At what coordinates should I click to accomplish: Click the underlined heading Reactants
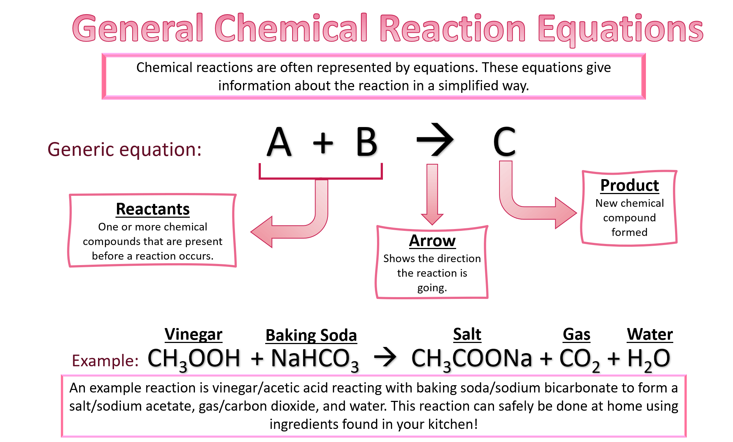pyautogui.click(x=153, y=209)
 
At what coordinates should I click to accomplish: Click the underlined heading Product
pyautogui.click(x=629, y=185)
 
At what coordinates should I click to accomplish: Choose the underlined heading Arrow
pyautogui.click(x=432, y=241)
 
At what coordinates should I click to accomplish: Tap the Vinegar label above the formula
pyautogui.click(x=193, y=334)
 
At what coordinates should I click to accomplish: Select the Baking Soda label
pyautogui.click(x=311, y=335)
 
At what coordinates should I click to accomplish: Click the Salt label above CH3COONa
pyautogui.click(x=467, y=334)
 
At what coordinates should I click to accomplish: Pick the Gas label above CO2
pyautogui.click(x=576, y=334)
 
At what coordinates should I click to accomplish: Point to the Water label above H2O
pyautogui.click(x=650, y=334)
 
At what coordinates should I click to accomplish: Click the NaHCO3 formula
pyautogui.click(x=315, y=360)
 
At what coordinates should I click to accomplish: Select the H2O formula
pyautogui.click(x=649, y=360)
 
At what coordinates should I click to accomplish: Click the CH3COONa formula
pyautogui.click(x=472, y=360)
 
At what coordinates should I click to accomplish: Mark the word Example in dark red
pyautogui.click(x=105, y=361)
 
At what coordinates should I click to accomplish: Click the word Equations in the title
pyautogui.click(x=620, y=29)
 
